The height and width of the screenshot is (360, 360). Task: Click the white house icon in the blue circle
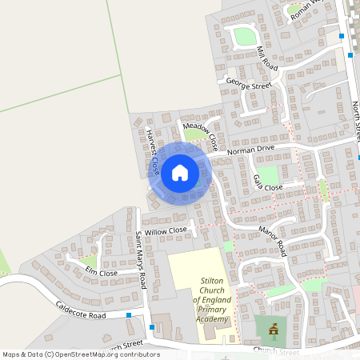180,172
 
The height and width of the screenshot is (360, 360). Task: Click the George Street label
249,83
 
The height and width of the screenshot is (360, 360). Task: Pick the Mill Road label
266,58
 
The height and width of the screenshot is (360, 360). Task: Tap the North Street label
357,120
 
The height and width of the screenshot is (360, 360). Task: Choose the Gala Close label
268,183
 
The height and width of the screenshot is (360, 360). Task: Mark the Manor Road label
272,241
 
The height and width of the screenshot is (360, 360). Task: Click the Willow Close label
166,230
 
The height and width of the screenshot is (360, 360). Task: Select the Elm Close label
101,273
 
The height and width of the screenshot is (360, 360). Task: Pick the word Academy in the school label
211,319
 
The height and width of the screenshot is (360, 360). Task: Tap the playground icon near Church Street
273,328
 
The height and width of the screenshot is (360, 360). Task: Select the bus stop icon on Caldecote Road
129,315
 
